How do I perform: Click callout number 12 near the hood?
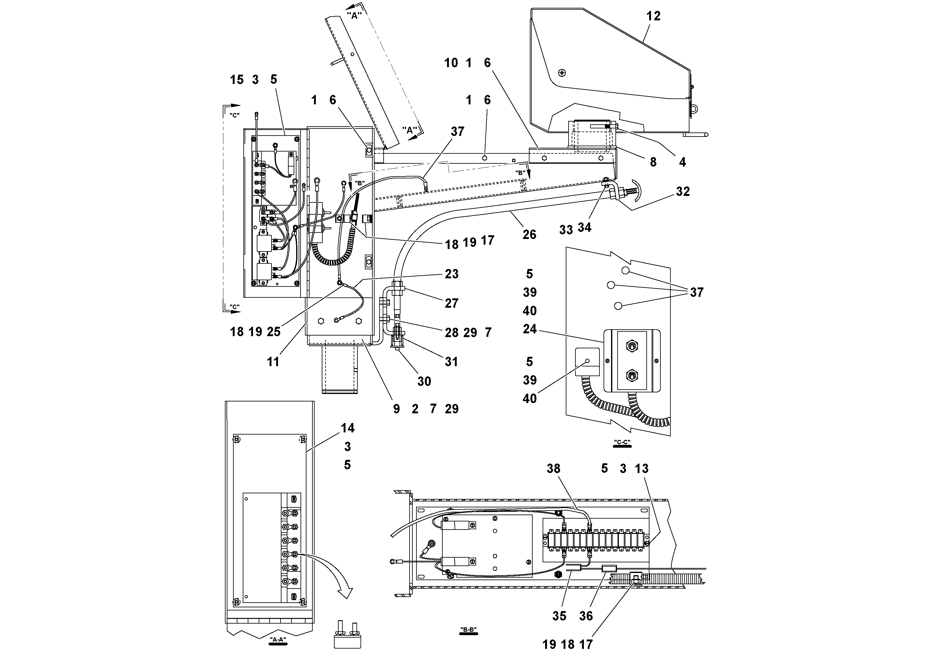(x=653, y=16)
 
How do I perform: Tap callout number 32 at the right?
(x=683, y=191)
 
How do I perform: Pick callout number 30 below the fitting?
(x=424, y=381)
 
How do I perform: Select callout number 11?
(x=273, y=362)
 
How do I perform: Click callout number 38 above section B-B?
(x=553, y=469)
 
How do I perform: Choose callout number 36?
(x=586, y=616)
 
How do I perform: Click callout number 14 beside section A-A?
(x=347, y=428)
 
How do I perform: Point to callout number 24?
(x=530, y=329)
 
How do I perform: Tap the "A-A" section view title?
(x=278, y=640)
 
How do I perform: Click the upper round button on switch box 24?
(x=631, y=346)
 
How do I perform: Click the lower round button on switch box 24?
(x=631, y=376)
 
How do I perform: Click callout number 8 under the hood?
(x=653, y=162)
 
